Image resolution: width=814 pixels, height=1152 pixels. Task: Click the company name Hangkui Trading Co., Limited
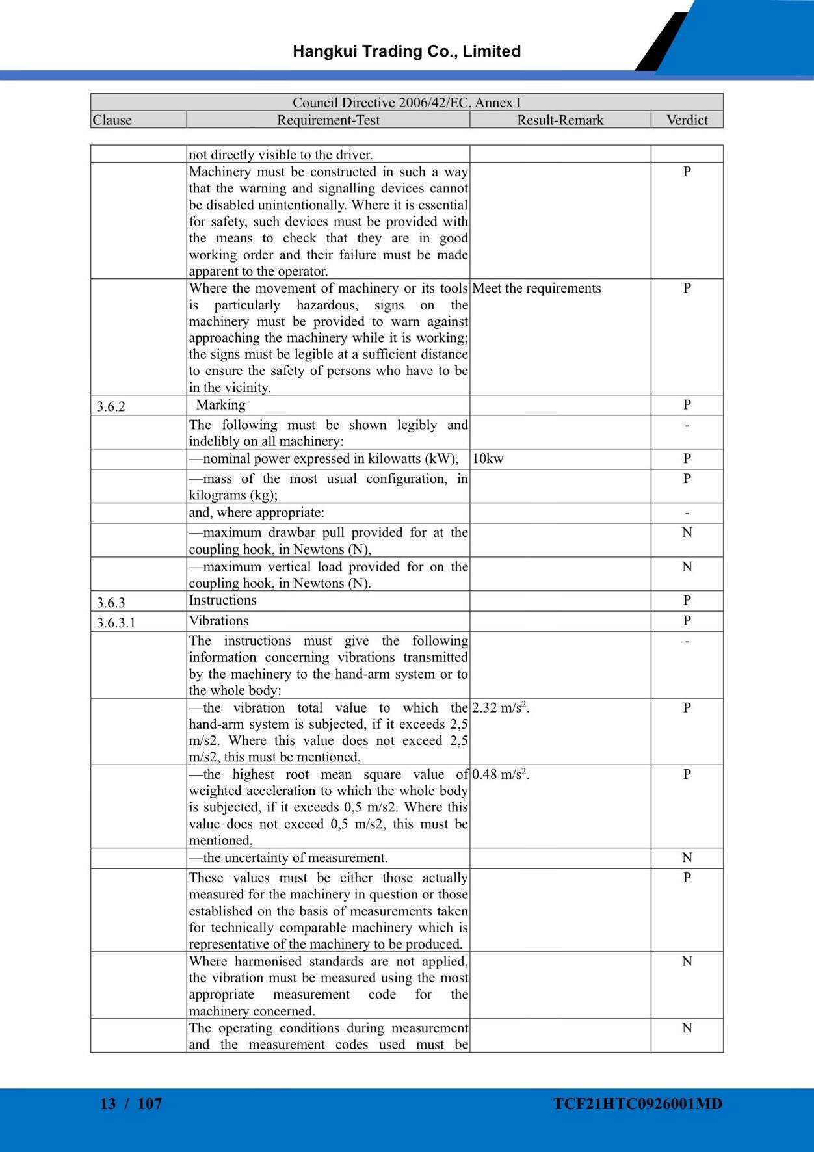click(x=406, y=51)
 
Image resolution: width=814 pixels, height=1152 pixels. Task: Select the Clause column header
click(x=112, y=120)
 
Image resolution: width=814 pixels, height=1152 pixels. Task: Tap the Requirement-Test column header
click(x=328, y=120)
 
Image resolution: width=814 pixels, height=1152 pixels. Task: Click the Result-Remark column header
click(x=560, y=120)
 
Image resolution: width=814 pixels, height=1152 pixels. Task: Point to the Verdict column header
click(x=687, y=120)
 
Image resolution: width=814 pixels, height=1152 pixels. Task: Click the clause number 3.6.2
click(x=111, y=407)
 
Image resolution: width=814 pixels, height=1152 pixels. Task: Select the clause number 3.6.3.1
click(x=116, y=623)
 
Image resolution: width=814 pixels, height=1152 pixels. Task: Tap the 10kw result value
click(x=488, y=459)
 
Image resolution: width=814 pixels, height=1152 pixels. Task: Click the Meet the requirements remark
click(x=536, y=289)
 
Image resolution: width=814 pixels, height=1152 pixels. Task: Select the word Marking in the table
click(x=221, y=405)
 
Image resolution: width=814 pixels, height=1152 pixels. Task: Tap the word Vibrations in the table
click(x=218, y=621)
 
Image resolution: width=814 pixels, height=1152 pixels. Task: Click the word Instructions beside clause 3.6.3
click(x=222, y=601)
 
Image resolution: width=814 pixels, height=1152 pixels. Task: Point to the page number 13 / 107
click(x=131, y=1104)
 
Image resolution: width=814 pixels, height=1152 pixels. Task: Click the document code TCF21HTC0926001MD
click(x=638, y=1104)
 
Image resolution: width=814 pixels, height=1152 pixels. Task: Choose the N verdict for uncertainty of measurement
click(x=687, y=858)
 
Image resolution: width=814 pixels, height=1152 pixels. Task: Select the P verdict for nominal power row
click(x=687, y=459)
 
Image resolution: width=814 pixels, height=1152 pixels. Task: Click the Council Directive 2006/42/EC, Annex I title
click(x=406, y=103)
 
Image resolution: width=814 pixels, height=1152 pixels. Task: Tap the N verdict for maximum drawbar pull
click(x=687, y=533)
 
